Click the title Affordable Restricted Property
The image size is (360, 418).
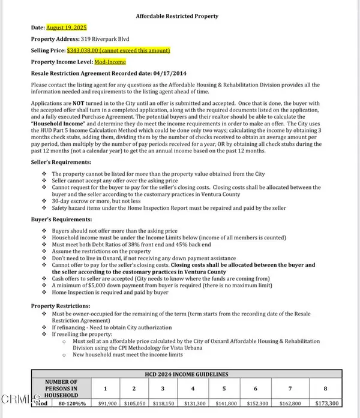click(x=177, y=16)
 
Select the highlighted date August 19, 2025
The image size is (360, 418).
click(x=67, y=28)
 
